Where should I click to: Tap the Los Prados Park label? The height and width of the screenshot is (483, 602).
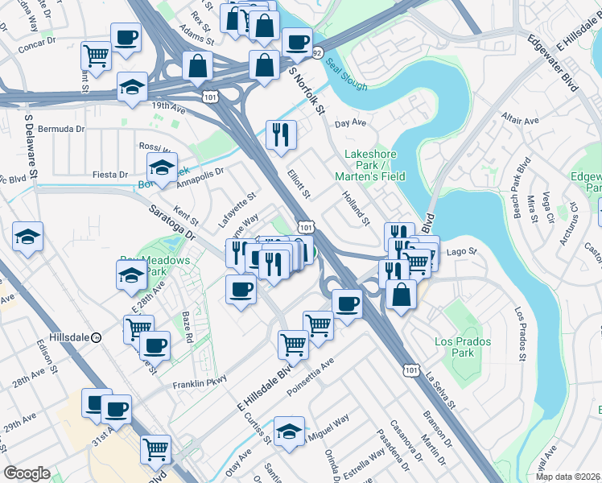[455, 347]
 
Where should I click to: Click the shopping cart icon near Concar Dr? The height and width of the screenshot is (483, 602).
[96, 56]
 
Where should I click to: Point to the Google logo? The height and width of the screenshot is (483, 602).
[27, 473]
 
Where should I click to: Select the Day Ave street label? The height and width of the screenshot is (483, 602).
[351, 123]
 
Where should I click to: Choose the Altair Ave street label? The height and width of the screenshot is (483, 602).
[519, 118]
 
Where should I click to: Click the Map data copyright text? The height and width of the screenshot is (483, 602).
[568, 477]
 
